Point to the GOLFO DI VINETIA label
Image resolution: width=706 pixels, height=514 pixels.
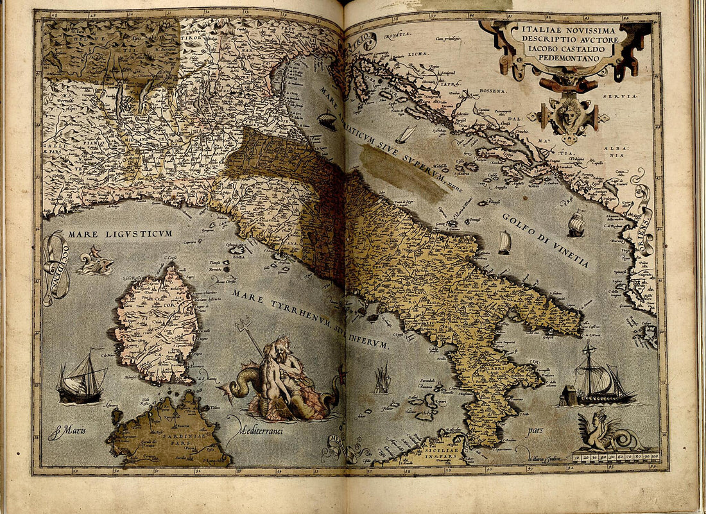pyautogui.click(x=546, y=240)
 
